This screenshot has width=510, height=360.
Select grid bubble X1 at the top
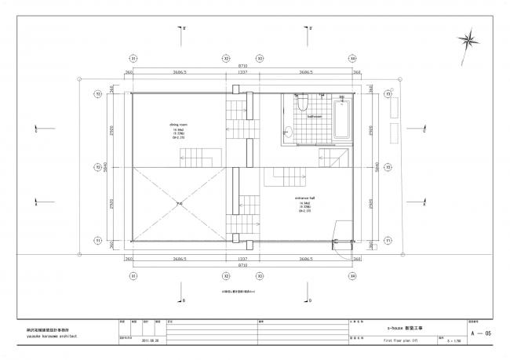133,59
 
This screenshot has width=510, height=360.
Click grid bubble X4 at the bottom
352,276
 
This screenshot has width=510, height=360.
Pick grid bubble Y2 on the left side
98,167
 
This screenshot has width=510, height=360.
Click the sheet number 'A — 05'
480,333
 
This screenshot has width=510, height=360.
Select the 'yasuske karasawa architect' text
49,333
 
